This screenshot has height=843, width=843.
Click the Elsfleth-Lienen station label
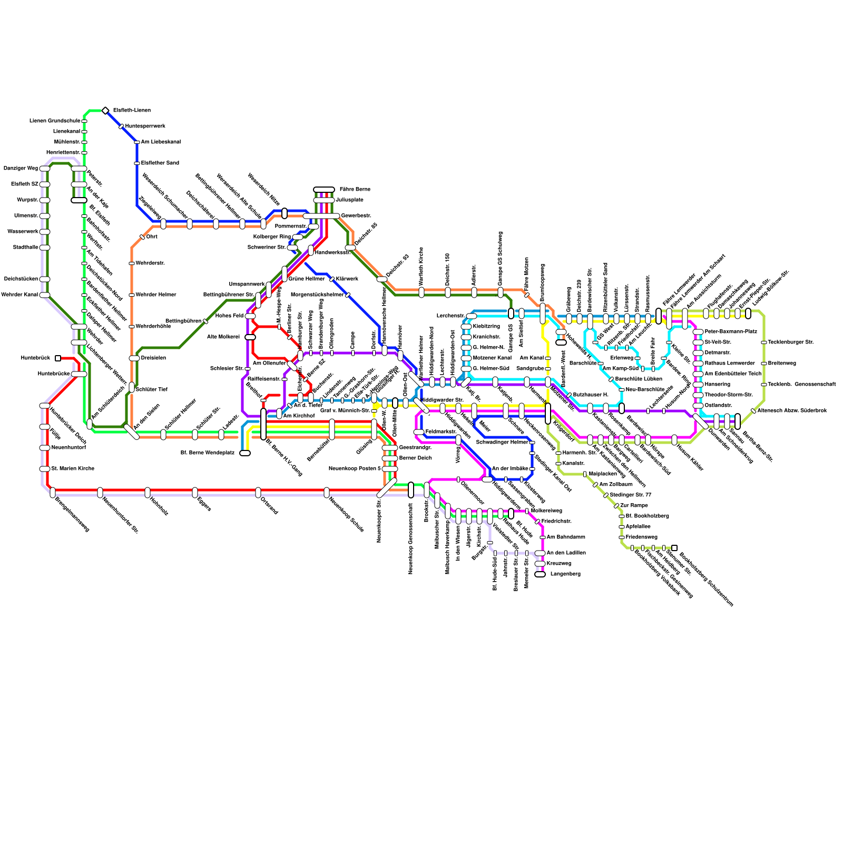pyautogui.click(x=132, y=111)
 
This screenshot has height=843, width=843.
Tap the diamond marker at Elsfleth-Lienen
pyautogui.click(x=105, y=111)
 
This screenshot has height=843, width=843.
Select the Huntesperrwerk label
pyautogui.click(x=145, y=126)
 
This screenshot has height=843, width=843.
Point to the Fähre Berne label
pyautogui.click(x=355, y=190)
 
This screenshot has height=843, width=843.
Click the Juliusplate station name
pyautogui.click(x=349, y=200)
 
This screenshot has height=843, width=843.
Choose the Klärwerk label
pyautogui.click(x=347, y=279)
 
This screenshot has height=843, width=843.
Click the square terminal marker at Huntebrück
pyautogui.click(x=58, y=358)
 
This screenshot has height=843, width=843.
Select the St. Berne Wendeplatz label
pyautogui.click(x=207, y=453)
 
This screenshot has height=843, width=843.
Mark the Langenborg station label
pyautogui.click(x=565, y=574)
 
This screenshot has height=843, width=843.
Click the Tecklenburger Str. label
pyautogui.click(x=790, y=342)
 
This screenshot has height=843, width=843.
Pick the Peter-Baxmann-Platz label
pyautogui.click(x=730, y=332)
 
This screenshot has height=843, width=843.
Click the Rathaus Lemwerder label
pyautogui.click(x=729, y=364)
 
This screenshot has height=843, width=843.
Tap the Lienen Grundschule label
pyautogui.click(x=55, y=121)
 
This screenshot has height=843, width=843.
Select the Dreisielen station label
pyautogui.click(x=153, y=358)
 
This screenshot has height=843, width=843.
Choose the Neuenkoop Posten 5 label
pyautogui.click(x=355, y=469)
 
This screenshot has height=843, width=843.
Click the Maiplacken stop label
pyautogui.click(x=602, y=474)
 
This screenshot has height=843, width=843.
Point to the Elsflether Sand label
pyautogui.click(x=160, y=163)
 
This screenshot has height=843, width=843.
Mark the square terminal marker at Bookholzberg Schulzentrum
pyautogui.click(x=674, y=548)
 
